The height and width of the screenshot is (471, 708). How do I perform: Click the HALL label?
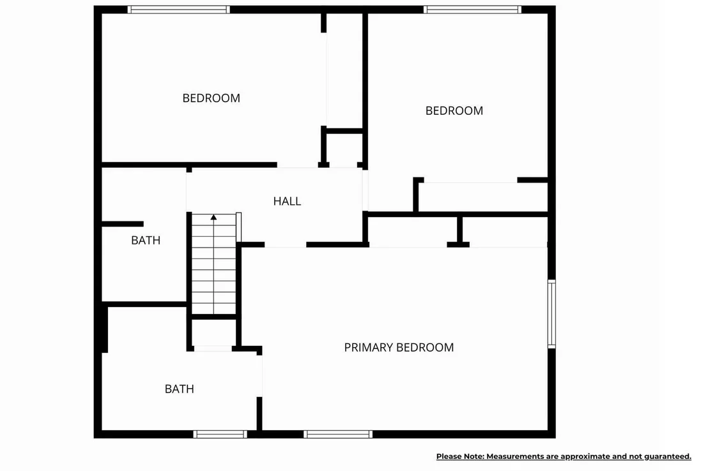[x=287, y=201]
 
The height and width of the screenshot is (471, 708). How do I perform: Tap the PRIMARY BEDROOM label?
[x=399, y=347]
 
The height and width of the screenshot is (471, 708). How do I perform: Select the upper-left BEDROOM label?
[x=212, y=98]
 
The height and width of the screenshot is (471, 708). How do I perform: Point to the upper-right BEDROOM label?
[x=454, y=110]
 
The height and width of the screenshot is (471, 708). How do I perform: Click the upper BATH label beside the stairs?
[x=146, y=240]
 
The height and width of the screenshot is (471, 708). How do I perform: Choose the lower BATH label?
[x=180, y=389]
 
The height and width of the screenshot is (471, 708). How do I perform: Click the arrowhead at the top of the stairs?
[x=213, y=217]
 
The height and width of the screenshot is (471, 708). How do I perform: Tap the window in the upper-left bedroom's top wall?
[x=179, y=10]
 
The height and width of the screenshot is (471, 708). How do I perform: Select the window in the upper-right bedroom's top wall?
[x=472, y=10]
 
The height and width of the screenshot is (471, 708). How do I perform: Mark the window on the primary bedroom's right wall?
[x=551, y=314]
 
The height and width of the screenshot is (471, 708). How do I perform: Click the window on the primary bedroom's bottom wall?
[x=338, y=434]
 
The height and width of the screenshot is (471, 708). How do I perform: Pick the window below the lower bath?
[x=220, y=434]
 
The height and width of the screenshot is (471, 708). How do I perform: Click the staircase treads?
[x=213, y=264]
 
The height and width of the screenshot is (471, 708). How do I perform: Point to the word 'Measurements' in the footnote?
[x=515, y=456]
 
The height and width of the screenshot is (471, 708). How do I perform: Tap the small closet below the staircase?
[x=213, y=333]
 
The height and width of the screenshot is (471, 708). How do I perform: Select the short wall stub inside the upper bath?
[x=122, y=224]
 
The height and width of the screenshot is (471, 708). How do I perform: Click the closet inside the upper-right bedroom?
[x=482, y=197]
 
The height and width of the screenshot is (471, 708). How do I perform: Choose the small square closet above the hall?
[x=344, y=149]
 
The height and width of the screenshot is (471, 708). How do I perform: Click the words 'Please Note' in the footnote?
[x=460, y=456]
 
